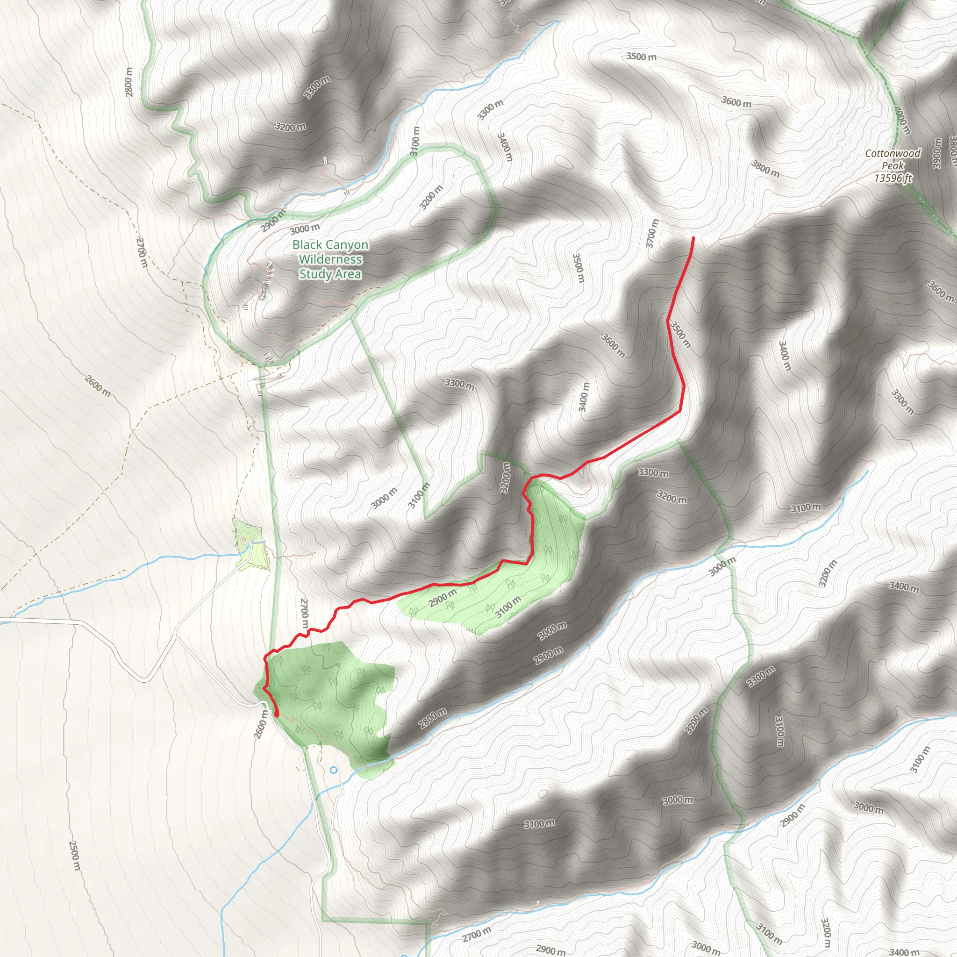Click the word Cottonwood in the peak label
pyautogui.click(x=893, y=154)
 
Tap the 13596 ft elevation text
pyautogui.click(x=893, y=178)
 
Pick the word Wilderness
pyautogui.click(x=330, y=259)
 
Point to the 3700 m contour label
pyautogui.click(x=652, y=233)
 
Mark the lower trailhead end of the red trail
pyautogui.click(x=277, y=714)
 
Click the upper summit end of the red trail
pyautogui.click(x=693, y=238)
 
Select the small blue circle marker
pyautogui.click(x=333, y=770)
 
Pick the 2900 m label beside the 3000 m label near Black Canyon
pyautogui.click(x=273, y=221)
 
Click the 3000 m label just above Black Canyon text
pyautogui.click(x=305, y=229)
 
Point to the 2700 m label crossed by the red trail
pyautogui.click(x=304, y=614)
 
